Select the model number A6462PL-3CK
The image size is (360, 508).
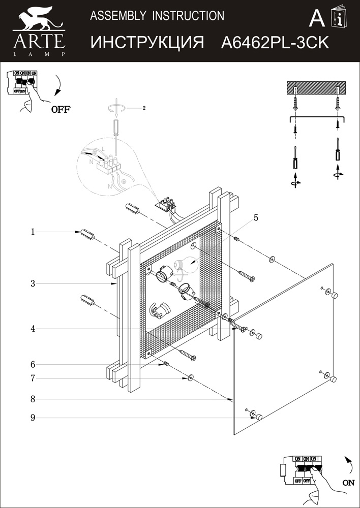(275, 43)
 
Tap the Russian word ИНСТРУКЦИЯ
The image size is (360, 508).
(147, 43)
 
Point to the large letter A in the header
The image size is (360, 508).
(317, 19)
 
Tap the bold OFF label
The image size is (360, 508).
(61, 109)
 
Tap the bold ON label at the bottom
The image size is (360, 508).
(348, 483)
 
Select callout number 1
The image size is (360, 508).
(33, 232)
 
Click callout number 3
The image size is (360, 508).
(33, 284)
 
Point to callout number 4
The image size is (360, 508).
(33, 329)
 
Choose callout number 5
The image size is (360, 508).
(256, 218)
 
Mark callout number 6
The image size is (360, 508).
(33, 364)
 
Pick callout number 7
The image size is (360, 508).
(33, 378)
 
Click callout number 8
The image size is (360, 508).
(33, 399)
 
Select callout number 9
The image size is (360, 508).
(33, 418)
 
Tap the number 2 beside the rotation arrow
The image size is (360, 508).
(144, 108)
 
